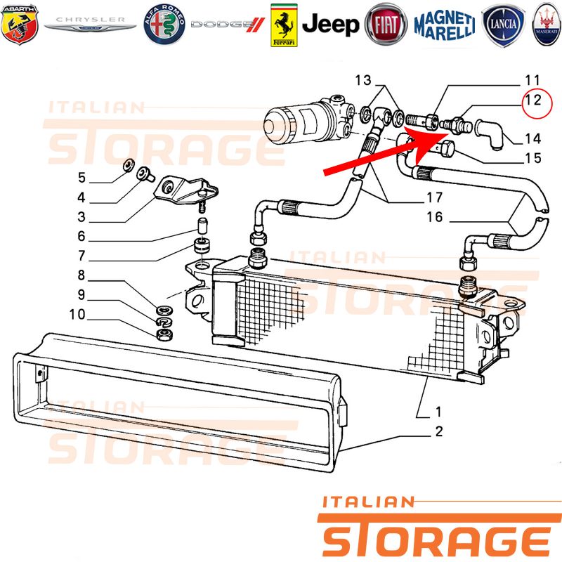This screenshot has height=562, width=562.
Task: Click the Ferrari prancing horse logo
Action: point(284,25)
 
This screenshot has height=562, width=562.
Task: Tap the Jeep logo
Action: point(330,25)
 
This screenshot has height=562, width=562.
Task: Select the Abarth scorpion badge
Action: point(20,25)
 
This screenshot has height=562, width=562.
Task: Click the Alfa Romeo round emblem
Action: point(164,25)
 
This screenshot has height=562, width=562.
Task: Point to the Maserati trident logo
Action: point(547,25)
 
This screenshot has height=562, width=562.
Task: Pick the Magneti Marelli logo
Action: point(445,25)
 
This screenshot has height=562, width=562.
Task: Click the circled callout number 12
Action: point(532,100)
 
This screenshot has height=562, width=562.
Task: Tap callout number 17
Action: point(434,197)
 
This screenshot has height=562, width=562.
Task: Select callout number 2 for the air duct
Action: point(439,431)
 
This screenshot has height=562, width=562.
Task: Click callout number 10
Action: point(77,314)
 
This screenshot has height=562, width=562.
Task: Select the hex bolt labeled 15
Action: point(447,148)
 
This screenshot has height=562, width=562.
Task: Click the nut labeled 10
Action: point(164,335)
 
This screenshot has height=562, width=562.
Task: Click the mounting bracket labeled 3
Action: point(185,190)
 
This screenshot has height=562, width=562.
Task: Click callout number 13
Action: point(363,80)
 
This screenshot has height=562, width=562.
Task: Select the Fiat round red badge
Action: point(386,25)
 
